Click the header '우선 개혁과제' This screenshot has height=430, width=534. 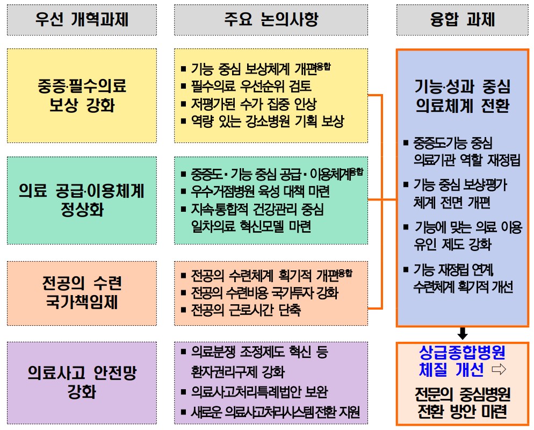click(82, 19)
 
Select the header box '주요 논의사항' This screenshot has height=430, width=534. click(271, 20)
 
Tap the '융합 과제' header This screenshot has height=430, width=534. click(462, 19)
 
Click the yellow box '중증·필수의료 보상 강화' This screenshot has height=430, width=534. click(82, 95)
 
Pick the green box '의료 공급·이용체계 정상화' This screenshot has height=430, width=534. click(82, 200)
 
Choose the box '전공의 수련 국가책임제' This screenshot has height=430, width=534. click(82, 293)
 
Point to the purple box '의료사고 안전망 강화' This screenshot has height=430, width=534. click(82, 383)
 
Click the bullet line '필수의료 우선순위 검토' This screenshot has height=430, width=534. click(251, 86)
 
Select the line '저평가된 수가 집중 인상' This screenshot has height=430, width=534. click(254, 104)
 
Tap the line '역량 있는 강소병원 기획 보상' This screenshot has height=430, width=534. click(268, 121)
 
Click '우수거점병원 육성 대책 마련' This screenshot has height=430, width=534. click(260, 191)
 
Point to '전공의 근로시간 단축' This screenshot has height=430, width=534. click(246, 310)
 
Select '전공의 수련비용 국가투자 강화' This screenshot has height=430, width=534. click(265, 292)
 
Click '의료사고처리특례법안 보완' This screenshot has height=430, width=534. click(259, 392)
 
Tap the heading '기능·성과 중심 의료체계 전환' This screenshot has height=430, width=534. click(462, 96)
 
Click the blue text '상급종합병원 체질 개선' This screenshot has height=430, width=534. click(456, 361)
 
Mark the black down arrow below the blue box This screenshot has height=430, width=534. click(462, 333)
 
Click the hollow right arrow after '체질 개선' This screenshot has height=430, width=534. click(499, 369)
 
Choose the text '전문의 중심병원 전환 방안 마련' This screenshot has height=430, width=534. click(462, 403)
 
